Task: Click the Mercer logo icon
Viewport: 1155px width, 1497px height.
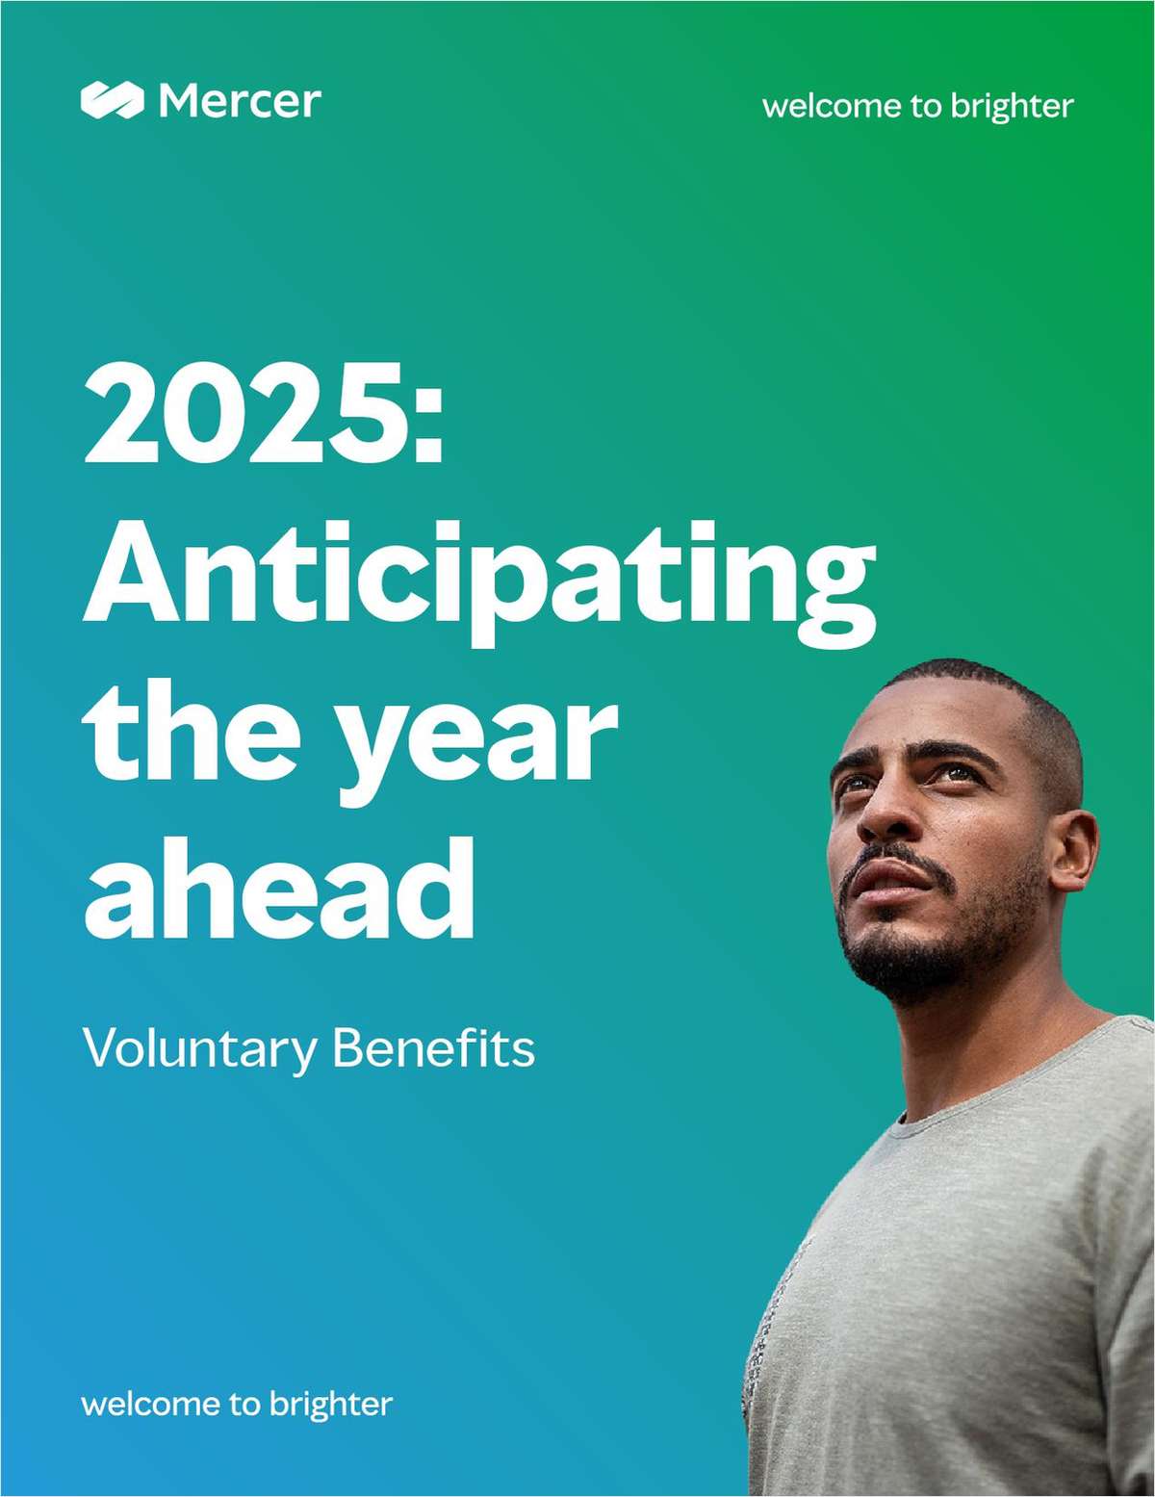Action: [x=113, y=99]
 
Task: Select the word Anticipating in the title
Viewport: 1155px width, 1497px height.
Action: [x=479, y=585]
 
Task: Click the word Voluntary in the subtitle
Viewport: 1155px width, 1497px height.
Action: [x=200, y=1051]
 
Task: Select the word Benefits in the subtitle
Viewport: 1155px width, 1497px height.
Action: [x=433, y=1048]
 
